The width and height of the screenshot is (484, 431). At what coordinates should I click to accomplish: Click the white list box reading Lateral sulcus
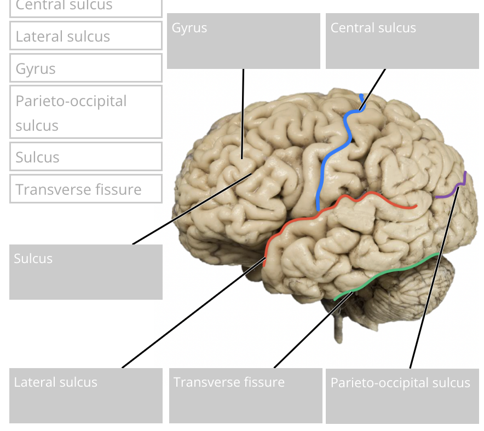click(86, 36)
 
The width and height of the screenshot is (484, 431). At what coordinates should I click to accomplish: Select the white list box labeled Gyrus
click(86, 68)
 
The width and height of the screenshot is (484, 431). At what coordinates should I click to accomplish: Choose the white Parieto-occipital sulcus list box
click(86, 112)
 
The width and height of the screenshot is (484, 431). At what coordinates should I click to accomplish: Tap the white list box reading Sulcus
click(86, 157)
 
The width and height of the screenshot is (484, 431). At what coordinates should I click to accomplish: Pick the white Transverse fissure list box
click(86, 189)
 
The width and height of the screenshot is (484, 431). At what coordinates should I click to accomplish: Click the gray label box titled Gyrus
click(243, 41)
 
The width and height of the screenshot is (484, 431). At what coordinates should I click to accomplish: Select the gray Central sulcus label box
click(402, 41)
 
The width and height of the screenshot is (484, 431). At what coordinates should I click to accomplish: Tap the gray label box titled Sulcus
click(86, 272)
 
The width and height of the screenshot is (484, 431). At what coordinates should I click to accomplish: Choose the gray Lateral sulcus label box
click(86, 395)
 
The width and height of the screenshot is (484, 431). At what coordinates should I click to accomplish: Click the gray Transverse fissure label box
click(245, 395)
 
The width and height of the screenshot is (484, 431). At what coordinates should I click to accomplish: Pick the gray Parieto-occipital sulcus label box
click(402, 395)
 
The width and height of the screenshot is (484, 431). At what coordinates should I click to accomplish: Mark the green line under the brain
click(394, 271)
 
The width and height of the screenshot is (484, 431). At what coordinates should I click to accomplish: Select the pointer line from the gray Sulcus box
click(192, 208)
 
